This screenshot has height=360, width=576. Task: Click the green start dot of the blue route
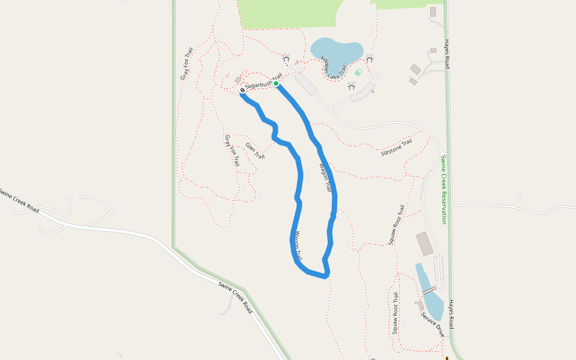[x=276, y=83]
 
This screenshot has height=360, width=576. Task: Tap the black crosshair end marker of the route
[x=242, y=90]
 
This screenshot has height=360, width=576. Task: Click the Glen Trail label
[x=255, y=151]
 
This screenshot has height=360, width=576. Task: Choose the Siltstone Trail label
[x=397, y=148]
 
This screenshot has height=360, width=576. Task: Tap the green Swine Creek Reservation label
[x=443, y=190]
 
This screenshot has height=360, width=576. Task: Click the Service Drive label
[x=432, y=323]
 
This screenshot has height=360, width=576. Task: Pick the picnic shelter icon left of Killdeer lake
[x=286, y=58]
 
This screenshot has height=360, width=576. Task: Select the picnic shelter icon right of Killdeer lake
[x=370, y=58]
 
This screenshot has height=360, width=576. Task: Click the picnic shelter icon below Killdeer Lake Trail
[x=352, y=86]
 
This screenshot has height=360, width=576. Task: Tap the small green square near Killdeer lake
[x=358, y=72]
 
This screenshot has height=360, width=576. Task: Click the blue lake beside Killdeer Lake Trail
[x=336, y=50]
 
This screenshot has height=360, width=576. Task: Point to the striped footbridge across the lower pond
[x=429, y=290]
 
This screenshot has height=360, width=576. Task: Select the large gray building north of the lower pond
[x=424, y=244]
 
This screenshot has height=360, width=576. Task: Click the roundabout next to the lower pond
[x=440, y=286]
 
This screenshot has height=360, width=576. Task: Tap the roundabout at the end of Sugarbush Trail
[x=293, y=71]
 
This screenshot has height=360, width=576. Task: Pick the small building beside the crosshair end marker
[x=238, y=80]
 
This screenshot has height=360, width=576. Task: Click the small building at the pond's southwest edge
[x=421, y=305]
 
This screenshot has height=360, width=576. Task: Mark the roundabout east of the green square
[x=375, y=77]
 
